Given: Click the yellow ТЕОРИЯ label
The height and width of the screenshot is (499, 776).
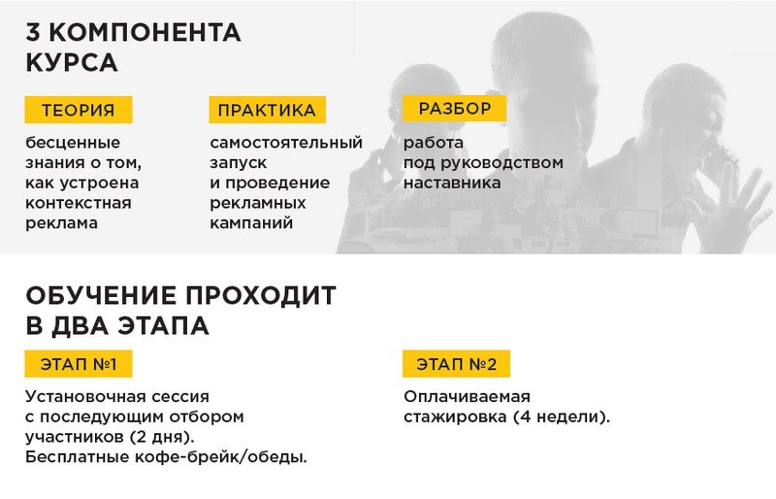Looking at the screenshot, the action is point(79,110).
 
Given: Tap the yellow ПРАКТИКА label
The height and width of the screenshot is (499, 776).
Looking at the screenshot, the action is point(268,110).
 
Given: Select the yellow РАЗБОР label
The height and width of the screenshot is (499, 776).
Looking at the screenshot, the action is point(454,108).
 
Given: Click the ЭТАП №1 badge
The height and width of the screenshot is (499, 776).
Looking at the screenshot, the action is point(79,364).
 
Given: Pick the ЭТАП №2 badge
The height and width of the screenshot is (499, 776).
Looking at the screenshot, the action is point(456,364).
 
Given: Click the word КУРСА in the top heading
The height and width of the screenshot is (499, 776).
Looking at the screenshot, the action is point(72,63).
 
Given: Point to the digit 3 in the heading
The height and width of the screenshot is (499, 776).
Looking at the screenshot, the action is point(33,33).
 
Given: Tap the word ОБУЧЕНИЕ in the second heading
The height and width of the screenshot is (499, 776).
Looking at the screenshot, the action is point(101,296).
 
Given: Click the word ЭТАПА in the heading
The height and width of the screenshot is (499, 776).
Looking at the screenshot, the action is point(163,326).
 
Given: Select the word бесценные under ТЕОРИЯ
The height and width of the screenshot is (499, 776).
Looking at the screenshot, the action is point(73,143).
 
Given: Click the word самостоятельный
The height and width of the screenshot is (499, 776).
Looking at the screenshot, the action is point(286,143).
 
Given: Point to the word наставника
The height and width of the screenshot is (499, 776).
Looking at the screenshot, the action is point(452,183).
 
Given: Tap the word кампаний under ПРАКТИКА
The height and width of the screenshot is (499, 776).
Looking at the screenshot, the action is point(251,223).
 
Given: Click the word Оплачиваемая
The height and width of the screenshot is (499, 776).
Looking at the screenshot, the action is point(467,396).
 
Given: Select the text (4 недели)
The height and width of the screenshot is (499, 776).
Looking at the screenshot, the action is point(562,416).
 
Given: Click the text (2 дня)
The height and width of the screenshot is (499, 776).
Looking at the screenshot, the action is point(162,437).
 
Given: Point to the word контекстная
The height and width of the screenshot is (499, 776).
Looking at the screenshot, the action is point(79,203).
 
